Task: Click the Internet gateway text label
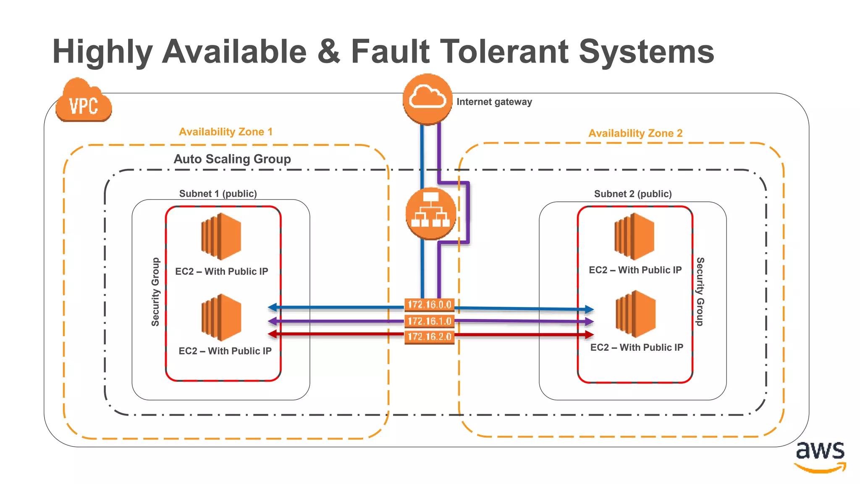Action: point(494,102)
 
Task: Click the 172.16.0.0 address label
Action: point(429,305)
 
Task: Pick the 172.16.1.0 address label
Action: point(429,321)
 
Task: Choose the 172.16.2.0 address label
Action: point(429,337)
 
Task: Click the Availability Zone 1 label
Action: point(225,132)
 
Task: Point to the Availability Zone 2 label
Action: point(635,133)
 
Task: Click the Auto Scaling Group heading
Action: point(232,159)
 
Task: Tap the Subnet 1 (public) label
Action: point(218,194)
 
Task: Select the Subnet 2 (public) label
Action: point(632,194)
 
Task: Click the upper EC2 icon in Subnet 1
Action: point(221,236)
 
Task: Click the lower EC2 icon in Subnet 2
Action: point(635,314)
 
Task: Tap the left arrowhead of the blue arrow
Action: point(273,308)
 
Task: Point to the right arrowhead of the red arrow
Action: point(589,335)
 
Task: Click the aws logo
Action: point(820,456)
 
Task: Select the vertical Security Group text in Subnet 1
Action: point(155,292)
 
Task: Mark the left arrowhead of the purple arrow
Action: point(273,321)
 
